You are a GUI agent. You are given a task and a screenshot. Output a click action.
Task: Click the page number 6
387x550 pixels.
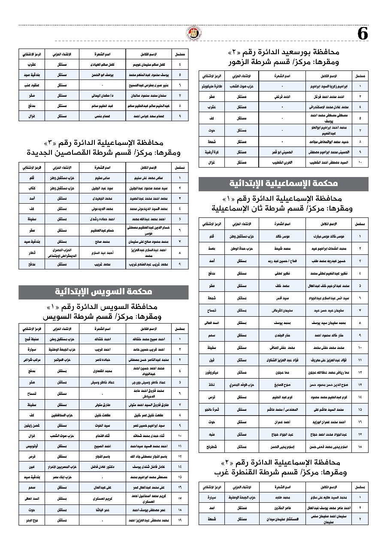(x=363, y=34)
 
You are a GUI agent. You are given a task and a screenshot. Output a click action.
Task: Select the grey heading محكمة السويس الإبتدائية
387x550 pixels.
(x=103, y=292)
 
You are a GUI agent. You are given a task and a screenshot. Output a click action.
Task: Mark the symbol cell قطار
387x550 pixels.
(x=33, y=253)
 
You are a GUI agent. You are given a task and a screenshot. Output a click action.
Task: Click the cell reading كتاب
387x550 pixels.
(x=33, y=188)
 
